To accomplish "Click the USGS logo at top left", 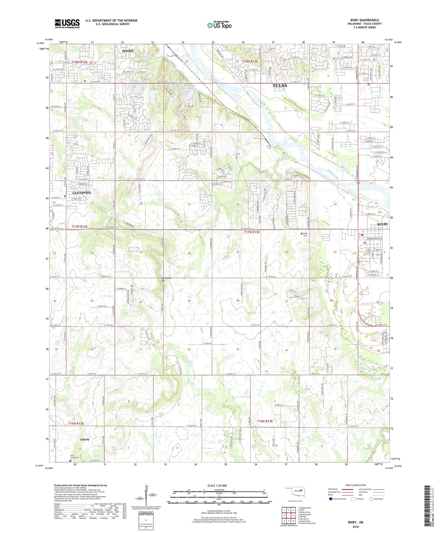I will [x=67, y=24].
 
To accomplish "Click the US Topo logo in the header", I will [x=219, y=25].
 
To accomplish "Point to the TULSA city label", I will [x=280, y=86].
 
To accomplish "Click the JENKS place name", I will [x=128, y=51].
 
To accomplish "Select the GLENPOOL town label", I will [x=82, y=193].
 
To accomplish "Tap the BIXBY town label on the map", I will [x=383, y=224].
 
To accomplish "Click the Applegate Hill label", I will [x=165, y=279].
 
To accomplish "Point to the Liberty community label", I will [x=85, y=440].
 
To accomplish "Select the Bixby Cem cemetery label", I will [x=305, y=234].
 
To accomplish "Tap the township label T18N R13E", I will [x=250, y=62].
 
